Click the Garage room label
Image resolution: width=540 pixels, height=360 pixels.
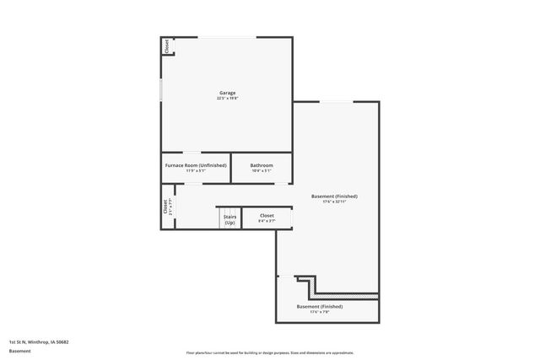(x=227, y=93)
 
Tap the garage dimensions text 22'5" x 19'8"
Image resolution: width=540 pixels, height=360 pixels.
(x=227, y=99)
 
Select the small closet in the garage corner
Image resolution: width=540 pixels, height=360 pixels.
(x=166, y=46)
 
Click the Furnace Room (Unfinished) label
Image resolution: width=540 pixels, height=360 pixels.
(x=195, y=165)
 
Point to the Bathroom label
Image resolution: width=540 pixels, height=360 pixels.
(x=262, y=165)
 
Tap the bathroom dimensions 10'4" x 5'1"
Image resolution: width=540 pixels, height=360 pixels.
(x=262, y=171)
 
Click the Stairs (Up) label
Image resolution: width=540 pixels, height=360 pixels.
(x=229, y=219)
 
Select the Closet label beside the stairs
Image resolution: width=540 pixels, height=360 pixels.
(x=267, y=216)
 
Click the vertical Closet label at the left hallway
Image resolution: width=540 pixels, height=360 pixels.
(x=165, y=207)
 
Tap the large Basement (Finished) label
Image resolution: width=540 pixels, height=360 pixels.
(x=337, y=196)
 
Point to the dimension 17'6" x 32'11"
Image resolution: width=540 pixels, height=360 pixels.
(x=337, y=201)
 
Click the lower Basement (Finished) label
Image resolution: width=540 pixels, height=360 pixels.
(x=320, y=306)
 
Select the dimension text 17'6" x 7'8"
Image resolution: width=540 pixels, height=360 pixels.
(x=320, y=312)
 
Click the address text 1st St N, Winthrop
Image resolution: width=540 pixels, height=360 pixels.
(x=39, y=341)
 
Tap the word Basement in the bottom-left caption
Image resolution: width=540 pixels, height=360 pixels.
(x=19, y=350)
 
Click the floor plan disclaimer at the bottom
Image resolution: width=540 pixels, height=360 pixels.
(x=270, y=353)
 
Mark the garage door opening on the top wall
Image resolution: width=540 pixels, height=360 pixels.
(x=228, y=37)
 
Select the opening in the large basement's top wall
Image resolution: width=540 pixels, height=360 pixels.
(x=335, y=102)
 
